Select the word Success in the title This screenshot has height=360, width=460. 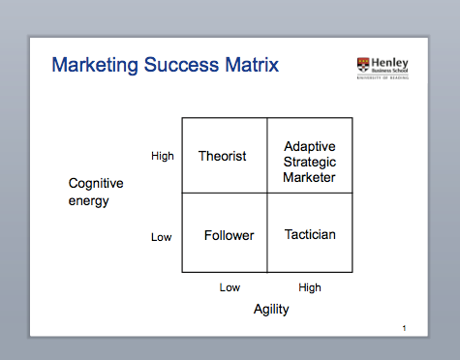177,67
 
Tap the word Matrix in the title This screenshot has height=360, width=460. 250,67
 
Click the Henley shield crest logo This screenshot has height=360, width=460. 363,66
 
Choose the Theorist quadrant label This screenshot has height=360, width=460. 222,156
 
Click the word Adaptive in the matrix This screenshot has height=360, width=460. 309,146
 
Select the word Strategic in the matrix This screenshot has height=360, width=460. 309,162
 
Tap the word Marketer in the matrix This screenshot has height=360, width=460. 309,177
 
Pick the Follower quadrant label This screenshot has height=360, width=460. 230,235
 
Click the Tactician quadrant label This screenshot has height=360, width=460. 310,234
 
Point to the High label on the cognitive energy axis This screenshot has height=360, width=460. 163,156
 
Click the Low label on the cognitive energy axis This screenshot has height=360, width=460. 161,236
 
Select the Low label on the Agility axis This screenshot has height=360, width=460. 230,287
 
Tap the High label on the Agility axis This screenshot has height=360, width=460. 310,287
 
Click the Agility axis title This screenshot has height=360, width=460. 271,310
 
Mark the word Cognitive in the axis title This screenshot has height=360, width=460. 95,184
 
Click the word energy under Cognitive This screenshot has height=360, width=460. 88,201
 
